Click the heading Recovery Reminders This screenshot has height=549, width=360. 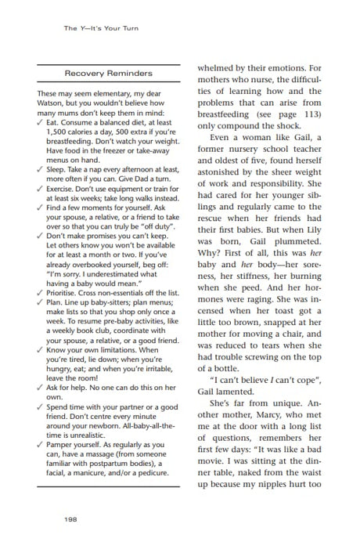tap(108, 73)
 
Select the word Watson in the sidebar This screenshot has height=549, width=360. tap(52, 103)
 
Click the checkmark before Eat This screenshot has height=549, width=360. tap(40, 122)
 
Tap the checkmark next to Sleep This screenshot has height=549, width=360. tap(40, 168)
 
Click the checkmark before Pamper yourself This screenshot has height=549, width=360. tap(40, 444)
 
